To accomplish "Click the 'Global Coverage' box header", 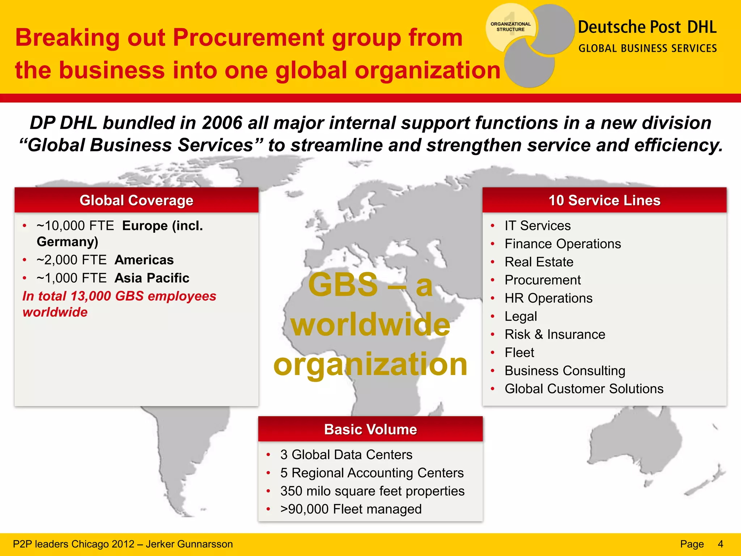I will pyautogui.click(x=136, y=200).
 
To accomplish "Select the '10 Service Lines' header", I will pyautogui.click(x=604, y=200).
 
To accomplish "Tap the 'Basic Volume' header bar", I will pyautogui.click(x=370, y=429).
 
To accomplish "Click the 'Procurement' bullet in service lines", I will pyautogui.click(x=542, y=280).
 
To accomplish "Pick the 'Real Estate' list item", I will pyautogui.click(x=539, y=262).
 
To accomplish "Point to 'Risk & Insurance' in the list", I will pyautogui.click(x=555, y=334).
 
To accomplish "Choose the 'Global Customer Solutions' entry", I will pyautogui.click(x=584, y=388).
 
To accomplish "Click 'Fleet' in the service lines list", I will pyautogui.click(x=519, y=352).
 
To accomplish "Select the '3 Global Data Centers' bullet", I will pyautogui.click(x=346, y=455).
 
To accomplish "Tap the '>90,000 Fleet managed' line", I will pyautogui.click(x=351, y=509).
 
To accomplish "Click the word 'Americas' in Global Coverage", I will pyautogui.click(x=144, y=260).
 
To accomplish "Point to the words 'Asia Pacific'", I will pyautogui.click(x=152, y=278).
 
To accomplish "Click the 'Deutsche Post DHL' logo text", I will pyautogui.click(x=647, y=27).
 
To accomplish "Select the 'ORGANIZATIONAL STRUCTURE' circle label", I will pyautogui.click(x=510, y=27).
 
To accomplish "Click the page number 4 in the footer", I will pyautogui.click(x=720, y=544).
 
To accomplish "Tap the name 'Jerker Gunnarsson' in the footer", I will pyautogui.click(x=189, y=544).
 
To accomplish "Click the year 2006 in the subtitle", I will pyautogui.click(x=222, y=123).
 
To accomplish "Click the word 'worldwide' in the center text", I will pyautogui.click(x=370, y=324).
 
